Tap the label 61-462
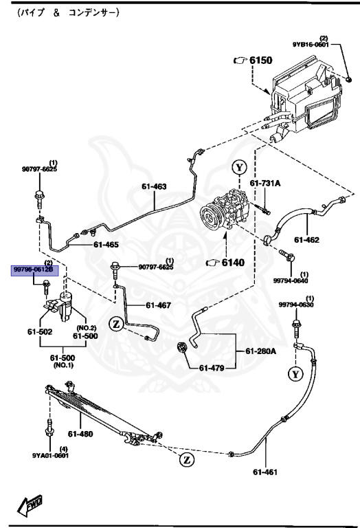[x=307, y=239]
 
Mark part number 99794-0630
[x=295, y=305]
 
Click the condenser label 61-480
[x=80, y=433]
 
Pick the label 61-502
[x=40, y=332]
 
